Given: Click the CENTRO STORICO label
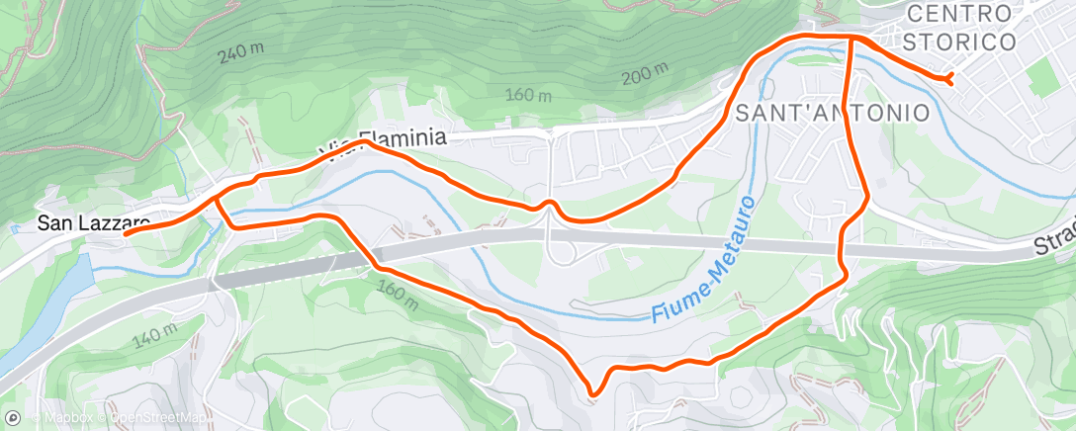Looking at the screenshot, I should click(x=960, y=28).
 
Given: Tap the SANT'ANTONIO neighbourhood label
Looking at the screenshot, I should click(x=832, y=113).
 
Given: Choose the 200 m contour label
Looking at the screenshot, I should click(x=646, y=74).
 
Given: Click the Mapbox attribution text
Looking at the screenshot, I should click(x=61, y=417).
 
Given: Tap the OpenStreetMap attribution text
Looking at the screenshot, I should click(x=158, y=417).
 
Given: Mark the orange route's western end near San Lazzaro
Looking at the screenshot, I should click(x=126, y=233).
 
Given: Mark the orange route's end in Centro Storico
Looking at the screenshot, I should click(x=949, y=78).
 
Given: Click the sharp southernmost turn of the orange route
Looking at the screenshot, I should click(x=592, y=394).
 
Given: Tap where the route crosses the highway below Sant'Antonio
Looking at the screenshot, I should click(x=843, y=249).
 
